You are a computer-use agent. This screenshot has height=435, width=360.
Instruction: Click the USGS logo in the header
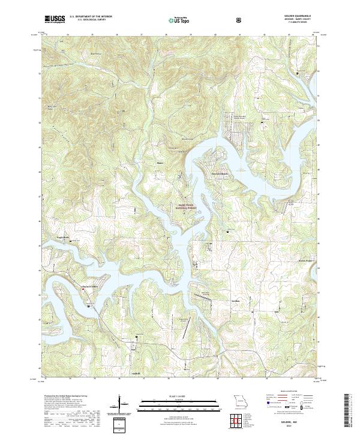coord(55,19)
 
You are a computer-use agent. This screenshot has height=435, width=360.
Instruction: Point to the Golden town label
coord(235,300)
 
